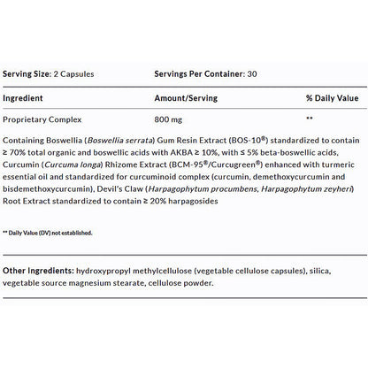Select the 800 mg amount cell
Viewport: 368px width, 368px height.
[168, 118]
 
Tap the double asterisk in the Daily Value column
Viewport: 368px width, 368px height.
[309, 118]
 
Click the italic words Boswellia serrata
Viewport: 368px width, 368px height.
[117, 141]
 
